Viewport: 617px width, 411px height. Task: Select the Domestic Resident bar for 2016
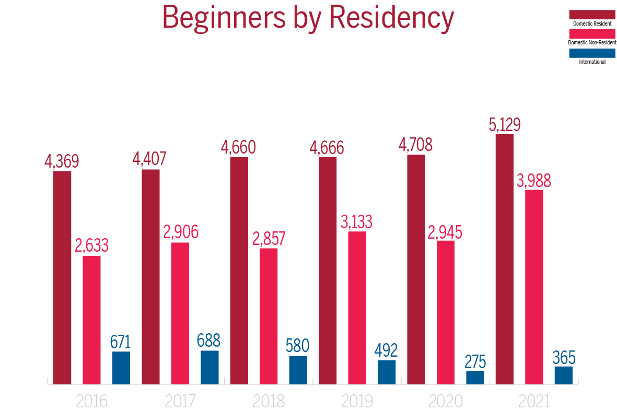click(62, 277)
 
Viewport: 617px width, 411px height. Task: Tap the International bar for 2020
click(475, 377)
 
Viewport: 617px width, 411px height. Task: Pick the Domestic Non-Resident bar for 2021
click(534, 287)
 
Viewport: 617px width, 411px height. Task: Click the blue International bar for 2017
click(209, 367)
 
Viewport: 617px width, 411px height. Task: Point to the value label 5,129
click(504, 125)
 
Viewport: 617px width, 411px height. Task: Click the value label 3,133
click(357, 222)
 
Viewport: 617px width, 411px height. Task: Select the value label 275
click(475, 361)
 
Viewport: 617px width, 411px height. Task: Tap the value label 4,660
click(239, 147)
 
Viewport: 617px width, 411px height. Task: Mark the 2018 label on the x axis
click(269, 402)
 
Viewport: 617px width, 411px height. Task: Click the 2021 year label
click(534, 402)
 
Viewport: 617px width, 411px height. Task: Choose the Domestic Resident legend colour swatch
click(592, 14)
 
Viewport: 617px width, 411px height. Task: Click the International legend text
click(592, 62)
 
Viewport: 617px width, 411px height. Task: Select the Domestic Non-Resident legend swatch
click(592, 33)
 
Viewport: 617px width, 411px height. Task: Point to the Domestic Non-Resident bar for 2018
click(269, 316)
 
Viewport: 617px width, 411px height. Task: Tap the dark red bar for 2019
click(328, 270)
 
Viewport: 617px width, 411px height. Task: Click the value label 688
click(209, 340)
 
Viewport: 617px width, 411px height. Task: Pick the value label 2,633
click(91, 245)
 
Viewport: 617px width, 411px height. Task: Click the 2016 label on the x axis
click(91, 402)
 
